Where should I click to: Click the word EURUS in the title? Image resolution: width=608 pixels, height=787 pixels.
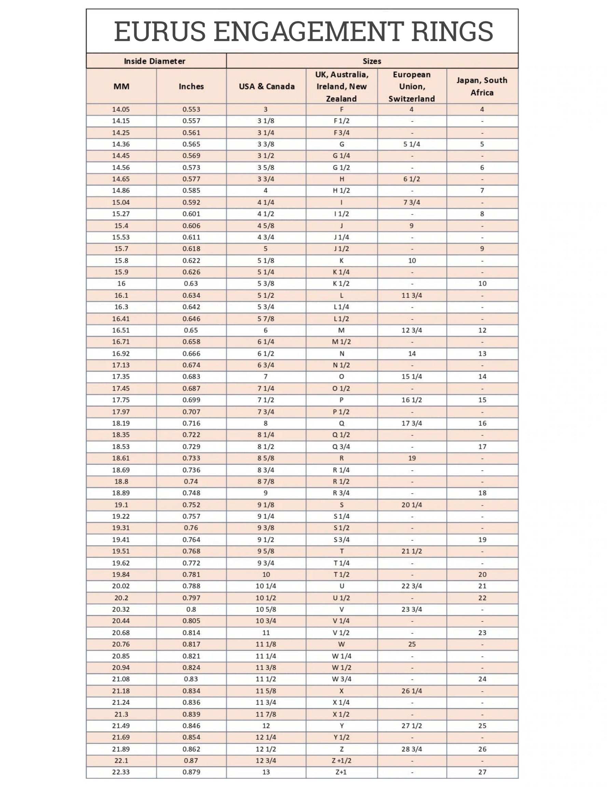click(x=160, y=31)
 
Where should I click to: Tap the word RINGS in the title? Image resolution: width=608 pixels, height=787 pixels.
click(x=452, y=31)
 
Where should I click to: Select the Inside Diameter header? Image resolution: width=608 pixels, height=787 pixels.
click(x=154, y=61)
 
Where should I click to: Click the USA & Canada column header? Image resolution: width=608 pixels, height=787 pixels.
click(x=266, y=86)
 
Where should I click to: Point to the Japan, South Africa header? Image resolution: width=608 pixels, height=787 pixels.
click(x=482, y=86)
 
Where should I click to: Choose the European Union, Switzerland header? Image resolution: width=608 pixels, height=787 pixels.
click(x=412, y=86)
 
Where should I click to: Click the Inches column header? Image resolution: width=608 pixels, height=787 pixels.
click(x=191, y=86)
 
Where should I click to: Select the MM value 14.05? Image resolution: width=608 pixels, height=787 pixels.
click(x=121, y=110)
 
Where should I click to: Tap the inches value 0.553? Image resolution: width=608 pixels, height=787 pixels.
click(x=191, y=110)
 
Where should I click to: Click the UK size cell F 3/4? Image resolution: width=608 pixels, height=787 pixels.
click(x=341, y=133)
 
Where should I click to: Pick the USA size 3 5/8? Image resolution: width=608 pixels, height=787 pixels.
click(x=266, y=168)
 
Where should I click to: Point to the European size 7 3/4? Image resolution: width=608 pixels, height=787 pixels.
click(x=412, y=203)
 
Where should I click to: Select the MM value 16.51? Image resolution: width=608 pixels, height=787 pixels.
click(x=121, y=330)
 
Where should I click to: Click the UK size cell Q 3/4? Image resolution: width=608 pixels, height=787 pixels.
click(x=341, y=447)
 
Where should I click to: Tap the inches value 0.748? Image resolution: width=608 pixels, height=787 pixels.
click(x=191, y=493)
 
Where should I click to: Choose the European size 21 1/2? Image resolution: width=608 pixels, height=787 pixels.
click(x=412, y=551)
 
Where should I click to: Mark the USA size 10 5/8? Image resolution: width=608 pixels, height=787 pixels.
click(x=266, y=609)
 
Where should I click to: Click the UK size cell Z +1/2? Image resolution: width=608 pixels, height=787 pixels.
click(x=341, y=761)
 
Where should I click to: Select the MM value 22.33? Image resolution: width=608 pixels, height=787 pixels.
click(x=121, y=772)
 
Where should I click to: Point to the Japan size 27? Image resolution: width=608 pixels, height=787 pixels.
click(x=482, y=772)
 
